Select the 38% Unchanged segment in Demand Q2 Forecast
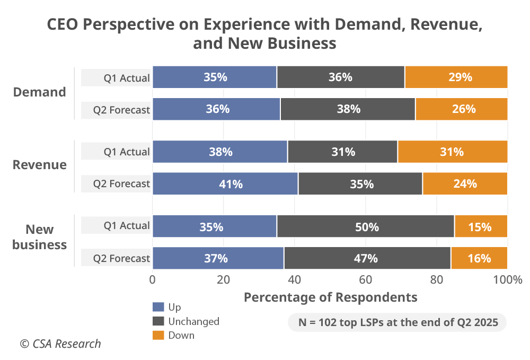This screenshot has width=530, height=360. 348,109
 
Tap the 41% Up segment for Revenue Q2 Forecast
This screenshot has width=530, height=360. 225,184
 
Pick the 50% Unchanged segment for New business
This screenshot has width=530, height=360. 365,227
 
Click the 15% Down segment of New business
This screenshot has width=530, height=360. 481,227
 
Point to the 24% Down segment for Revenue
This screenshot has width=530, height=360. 465,184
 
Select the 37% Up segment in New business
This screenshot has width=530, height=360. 218,258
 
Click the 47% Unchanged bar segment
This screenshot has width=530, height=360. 367,258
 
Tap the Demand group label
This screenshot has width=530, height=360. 40,92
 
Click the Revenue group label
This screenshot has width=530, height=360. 40,165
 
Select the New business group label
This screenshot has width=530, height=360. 40,237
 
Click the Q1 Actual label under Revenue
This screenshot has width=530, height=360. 127,152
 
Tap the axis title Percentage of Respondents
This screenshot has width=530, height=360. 330,297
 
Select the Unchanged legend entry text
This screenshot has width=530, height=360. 193,321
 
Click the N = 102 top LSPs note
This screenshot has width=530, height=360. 397,322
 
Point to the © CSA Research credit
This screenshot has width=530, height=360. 60,344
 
